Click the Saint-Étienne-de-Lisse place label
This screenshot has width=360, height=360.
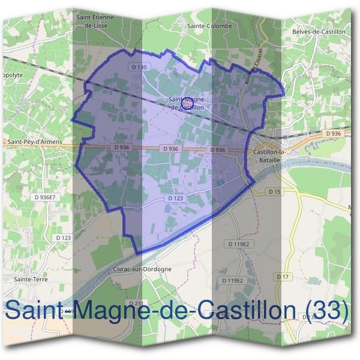click(96, 22)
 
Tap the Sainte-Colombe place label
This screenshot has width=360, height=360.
click(205, 26)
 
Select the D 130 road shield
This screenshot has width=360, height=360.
click(139, 67)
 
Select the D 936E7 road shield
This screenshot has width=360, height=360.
click(45, 197)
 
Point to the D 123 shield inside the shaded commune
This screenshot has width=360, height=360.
click(175, 198)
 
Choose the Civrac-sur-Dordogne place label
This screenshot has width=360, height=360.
click(142, 269)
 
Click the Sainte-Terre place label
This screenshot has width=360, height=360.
click(31, 280)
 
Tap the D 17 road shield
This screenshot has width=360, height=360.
click(283, 277)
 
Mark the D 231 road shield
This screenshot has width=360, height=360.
click(137, 302)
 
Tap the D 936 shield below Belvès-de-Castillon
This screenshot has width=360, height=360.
click(334, 133)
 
